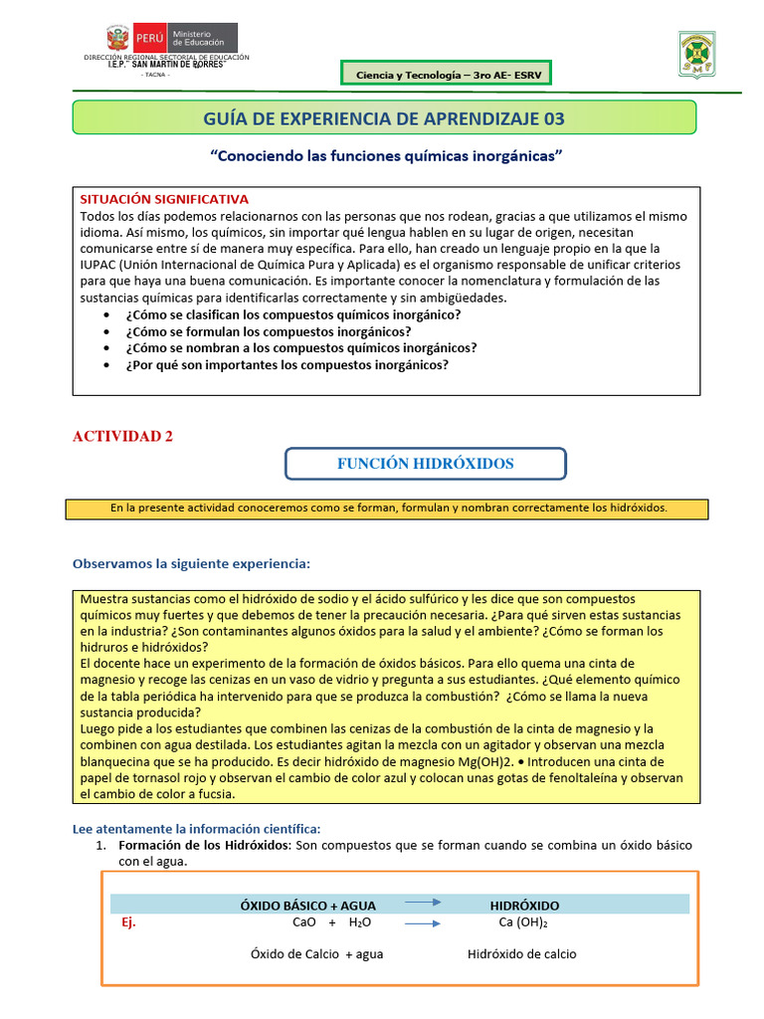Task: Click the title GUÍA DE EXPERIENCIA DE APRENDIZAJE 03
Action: click(384, 118)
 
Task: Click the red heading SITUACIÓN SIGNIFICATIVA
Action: click(163, 199)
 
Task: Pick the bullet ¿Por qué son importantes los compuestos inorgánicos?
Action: click(286, 364)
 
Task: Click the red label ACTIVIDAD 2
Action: click(123, 436)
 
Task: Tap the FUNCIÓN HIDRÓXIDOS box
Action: click(426, 464)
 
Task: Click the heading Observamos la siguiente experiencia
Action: click(191, 564)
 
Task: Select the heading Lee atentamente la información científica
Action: click(197, 829)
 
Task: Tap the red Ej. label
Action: click(127, 922)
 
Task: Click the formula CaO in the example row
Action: click(304, 922)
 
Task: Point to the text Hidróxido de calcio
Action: click(521, 953)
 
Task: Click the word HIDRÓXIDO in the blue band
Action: click(524, 906)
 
